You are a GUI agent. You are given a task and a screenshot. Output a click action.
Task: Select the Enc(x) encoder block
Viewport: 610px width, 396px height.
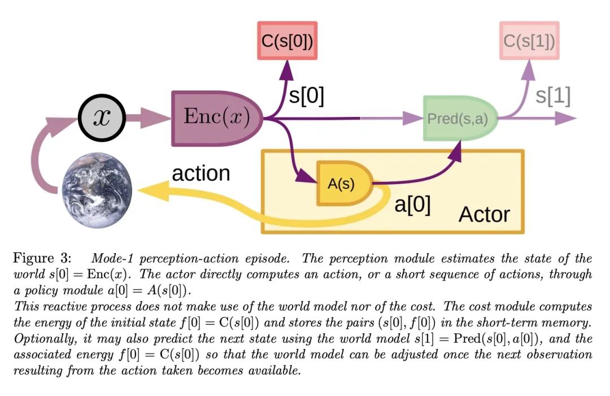(216, 118)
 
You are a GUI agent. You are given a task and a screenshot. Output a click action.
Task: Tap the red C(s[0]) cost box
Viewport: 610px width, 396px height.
(287, 41)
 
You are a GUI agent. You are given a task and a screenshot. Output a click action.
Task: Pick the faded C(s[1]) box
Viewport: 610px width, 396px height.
(529, 41)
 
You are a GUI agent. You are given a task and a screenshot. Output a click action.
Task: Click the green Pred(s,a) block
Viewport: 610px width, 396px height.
(458, 119)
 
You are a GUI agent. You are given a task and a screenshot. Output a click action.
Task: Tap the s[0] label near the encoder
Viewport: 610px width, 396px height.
(307, 96)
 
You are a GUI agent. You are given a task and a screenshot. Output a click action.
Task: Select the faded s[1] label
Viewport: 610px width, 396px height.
(552, 96)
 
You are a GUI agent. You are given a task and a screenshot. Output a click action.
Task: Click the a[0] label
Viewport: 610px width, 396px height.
(412, 204)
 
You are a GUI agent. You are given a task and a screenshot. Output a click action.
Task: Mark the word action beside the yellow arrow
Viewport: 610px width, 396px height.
(201, 173)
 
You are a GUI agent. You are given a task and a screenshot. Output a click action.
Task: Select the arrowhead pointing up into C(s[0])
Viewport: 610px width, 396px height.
(289, 71)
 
